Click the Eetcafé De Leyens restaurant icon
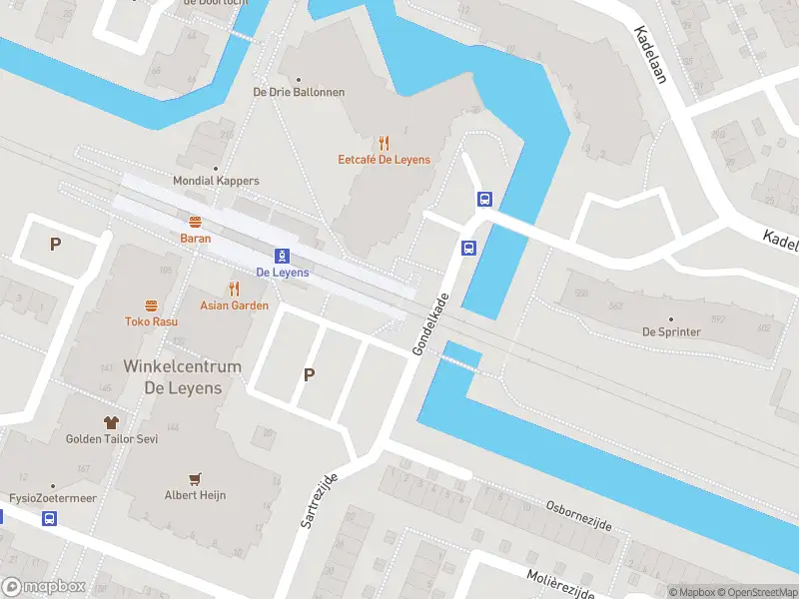(384, 143)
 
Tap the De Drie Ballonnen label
(299, 92)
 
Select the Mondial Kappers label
(216, 181)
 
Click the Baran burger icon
(195, 222)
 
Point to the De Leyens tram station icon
(283, 256)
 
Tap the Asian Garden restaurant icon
(234, 289)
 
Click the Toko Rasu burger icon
(151, 305)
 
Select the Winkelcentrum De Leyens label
(182, 377)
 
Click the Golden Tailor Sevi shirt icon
(112, 422)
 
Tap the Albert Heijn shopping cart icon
(195, 479)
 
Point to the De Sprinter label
(670, 331)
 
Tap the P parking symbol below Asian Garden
(309, 374)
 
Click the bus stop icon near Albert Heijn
(49, 518)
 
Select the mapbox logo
(44, 587)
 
